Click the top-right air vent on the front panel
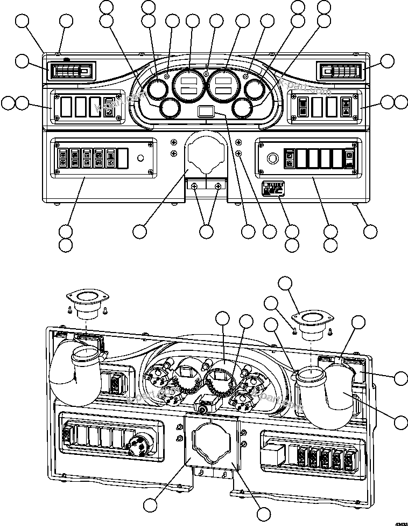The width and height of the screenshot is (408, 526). tap(340, 71)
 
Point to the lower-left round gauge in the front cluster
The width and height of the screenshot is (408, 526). tap(170, 108)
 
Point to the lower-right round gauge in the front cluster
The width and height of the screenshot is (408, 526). tap(243, 109)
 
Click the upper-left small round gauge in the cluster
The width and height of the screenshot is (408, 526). tap(157, 90)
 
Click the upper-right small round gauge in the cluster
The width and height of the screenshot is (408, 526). tap(255, 90)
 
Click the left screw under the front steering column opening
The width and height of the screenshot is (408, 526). tap(195, 186)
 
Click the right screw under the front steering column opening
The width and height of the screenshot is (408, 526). tap(217, 186)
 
